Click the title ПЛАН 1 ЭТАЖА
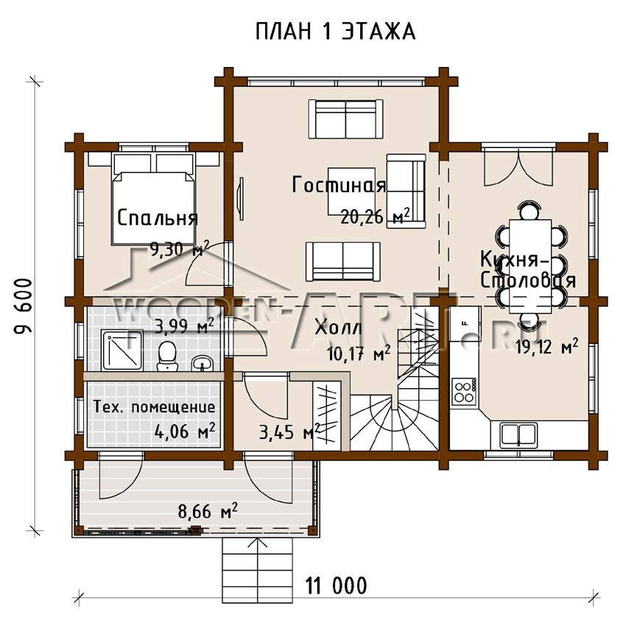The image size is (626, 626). coord(335,32)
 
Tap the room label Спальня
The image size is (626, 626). coord(157,219)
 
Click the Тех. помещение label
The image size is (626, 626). coord(155,407)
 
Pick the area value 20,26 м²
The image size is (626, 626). coord(375,217)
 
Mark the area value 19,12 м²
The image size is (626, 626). coord(546,347)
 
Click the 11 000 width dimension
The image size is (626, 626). coord(336,586)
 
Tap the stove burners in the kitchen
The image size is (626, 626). coord(465,391)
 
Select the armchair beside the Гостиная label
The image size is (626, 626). coord(406,189)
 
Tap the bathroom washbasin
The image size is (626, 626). coord(201,363)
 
